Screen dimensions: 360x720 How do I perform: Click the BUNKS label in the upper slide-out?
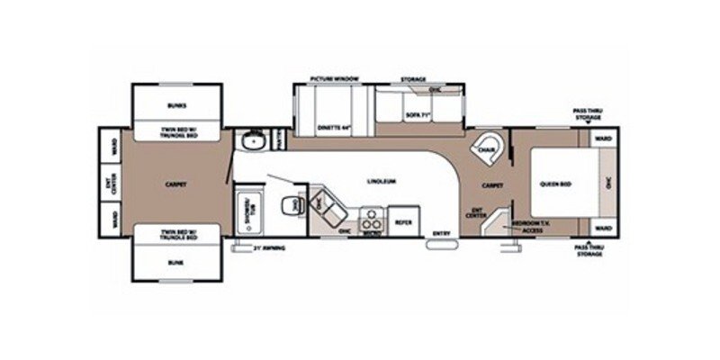[x=176, y=105]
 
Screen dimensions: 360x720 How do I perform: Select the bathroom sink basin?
[x=255, y=139]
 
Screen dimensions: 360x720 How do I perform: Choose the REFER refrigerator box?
[x=404, y=220]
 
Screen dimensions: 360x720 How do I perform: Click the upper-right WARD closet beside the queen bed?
[x=602, y=139]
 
